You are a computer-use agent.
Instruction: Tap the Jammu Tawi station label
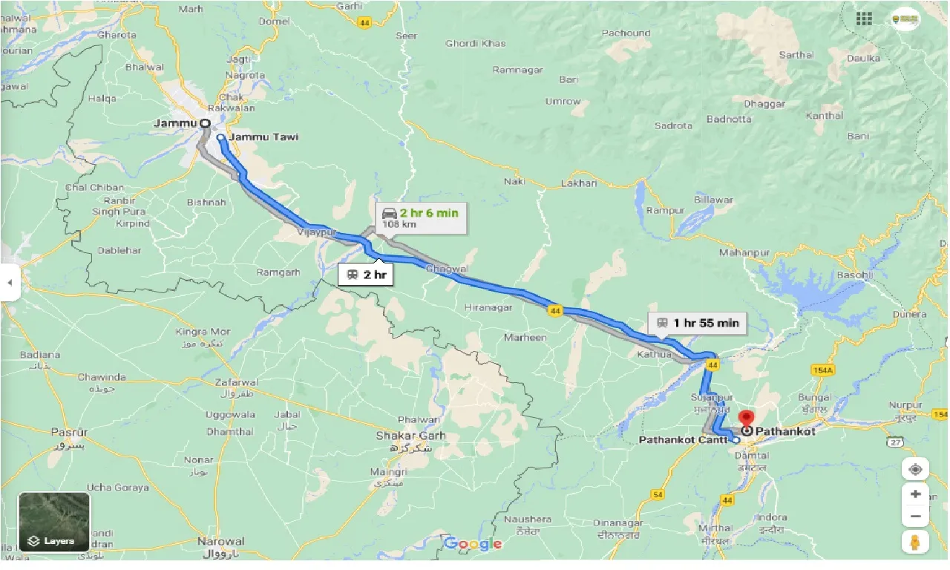point(263,137)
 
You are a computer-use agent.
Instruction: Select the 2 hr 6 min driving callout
point(421,217)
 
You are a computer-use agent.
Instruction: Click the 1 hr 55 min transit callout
point(697,323)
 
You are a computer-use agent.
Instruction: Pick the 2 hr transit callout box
point(366,275)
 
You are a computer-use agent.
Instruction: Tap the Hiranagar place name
point(488,307)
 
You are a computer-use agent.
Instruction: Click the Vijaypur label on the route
point(312,232)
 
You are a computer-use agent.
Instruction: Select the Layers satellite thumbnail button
point(54,522)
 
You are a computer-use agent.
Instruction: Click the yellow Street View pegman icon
point(916,541)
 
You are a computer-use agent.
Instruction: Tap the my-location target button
point(916,470)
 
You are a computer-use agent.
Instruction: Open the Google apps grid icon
point(864,19)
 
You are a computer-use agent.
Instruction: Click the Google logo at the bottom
point(473,544)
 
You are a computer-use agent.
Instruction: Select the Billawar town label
point(713,200)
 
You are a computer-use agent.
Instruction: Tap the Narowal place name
point(221,541)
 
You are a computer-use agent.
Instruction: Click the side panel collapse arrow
point(9,283)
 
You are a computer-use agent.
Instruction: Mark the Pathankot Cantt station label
point(683,440)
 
